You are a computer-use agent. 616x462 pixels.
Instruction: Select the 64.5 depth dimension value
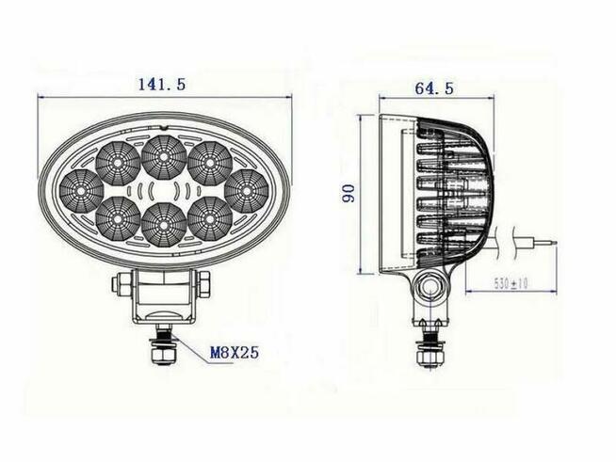(x=434, y=88)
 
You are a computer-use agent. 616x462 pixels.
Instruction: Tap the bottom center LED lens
(x=162, y=224)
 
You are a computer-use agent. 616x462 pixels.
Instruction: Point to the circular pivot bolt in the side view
(x=432, y=287)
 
